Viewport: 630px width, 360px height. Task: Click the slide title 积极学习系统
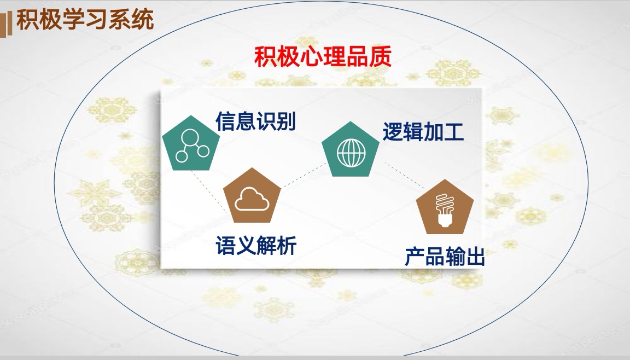click(85, 20)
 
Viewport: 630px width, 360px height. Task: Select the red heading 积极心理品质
click(323, 57)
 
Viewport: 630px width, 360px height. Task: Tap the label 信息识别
click(255, 121)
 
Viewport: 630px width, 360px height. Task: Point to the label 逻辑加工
click(423, 131)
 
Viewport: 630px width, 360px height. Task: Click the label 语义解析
click(256, 245)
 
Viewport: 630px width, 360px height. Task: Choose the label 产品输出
click(445, 257)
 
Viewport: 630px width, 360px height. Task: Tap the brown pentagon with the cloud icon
click(252, 196)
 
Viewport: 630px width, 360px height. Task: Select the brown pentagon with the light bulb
click(445, 207)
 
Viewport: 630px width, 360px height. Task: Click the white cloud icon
click(252, 199)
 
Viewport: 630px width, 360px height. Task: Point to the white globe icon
click(351, 153)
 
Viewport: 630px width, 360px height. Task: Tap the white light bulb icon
click(445, 210)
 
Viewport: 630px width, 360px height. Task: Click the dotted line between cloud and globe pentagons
click(304, 175)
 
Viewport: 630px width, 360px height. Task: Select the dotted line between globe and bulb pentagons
click(405, 176)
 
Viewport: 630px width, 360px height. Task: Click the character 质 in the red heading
click(381, 57)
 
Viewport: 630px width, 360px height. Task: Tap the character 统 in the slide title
click(143, 20)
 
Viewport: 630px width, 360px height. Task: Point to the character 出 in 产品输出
click(475, 257)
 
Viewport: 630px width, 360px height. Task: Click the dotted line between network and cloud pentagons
click(209, 191)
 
